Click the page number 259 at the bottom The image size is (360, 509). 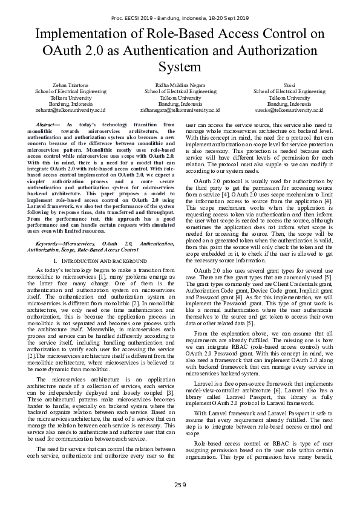(x=180, y=485)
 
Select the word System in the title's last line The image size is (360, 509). (x=180, y=66)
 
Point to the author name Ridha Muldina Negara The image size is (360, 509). (x=180, y=85)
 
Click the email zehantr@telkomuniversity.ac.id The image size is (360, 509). (x=70, y=111)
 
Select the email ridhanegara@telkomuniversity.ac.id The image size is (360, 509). (x=180, y=111)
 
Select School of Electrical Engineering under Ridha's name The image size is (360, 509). (x=180, y=91)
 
